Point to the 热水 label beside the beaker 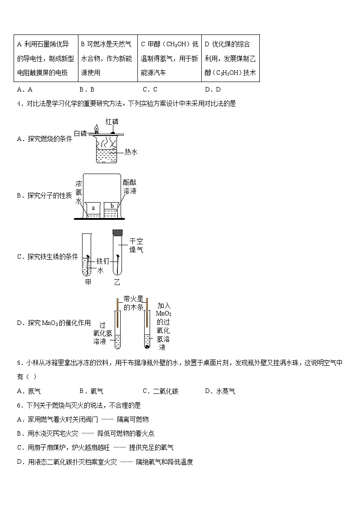(131, 152)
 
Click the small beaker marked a (93, 209)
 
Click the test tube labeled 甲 (88, 256)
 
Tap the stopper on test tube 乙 (117, 233)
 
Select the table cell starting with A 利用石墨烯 (46, 58)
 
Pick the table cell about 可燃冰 (107, 58)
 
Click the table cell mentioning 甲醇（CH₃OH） (169, 58)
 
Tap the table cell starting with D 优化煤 (230, 58)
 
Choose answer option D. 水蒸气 (220, 391)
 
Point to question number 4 (19, 104)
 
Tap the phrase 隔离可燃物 (133, 419)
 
